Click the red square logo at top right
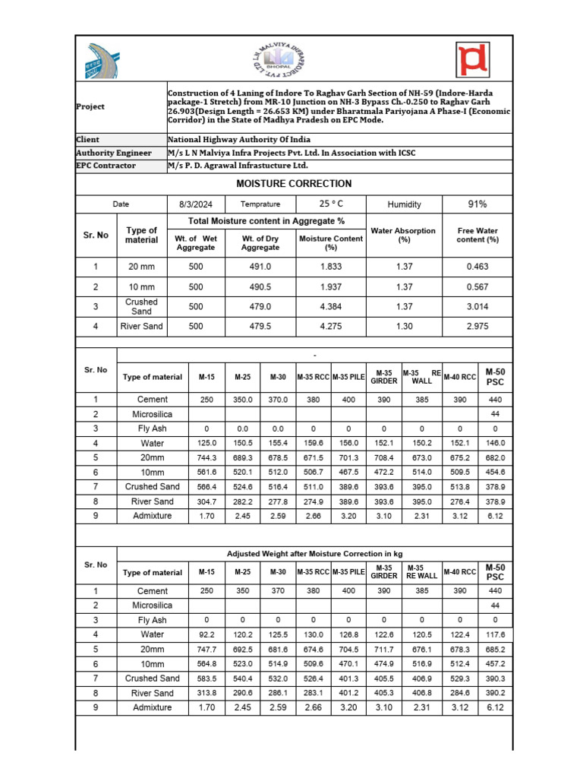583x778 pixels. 473,59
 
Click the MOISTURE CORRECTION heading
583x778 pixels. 294,184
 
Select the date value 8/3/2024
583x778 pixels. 196,204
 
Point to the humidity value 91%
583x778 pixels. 477,204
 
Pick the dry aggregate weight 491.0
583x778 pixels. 260,267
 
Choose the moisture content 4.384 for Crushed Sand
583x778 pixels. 331,307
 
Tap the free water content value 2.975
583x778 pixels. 477,327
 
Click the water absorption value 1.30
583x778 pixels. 404,327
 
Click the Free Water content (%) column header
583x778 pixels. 477,235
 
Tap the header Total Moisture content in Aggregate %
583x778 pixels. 266,221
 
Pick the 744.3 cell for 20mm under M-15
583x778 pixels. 207,458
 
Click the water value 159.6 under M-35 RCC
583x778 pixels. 313,443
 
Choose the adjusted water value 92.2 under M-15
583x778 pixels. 207,634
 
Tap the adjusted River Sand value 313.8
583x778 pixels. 207,693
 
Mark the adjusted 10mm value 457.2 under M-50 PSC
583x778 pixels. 495,663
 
